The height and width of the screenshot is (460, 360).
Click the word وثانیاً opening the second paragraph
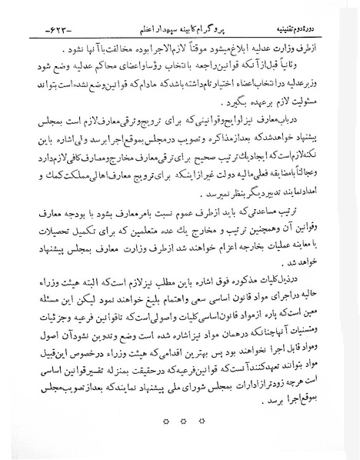point(305,62)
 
